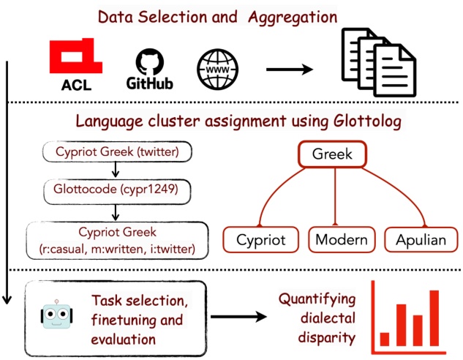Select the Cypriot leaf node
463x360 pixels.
[x=260, y=239]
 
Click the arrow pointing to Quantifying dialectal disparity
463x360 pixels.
[x=237, y=317]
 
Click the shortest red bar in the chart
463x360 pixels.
[x=384, y=339]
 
